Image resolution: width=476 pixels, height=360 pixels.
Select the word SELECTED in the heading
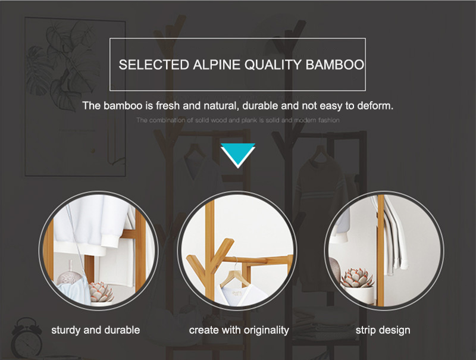point(154,65)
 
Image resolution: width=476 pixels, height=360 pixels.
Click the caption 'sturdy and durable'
point(96,330)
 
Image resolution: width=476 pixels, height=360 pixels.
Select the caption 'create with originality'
point(239,330)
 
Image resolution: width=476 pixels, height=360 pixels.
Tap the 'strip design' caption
point(383,330)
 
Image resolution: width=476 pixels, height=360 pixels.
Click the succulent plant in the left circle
point(101,292)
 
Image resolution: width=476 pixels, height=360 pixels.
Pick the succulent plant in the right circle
point(358,277)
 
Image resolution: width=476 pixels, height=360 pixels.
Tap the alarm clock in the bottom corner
point(27,337)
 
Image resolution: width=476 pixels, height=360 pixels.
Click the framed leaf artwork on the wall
point(75,97)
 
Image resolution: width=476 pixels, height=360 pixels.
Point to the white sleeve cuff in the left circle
point(109,240)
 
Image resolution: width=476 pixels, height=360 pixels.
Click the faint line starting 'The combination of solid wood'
point(237,120)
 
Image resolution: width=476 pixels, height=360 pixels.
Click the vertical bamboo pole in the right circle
point(381,251)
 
